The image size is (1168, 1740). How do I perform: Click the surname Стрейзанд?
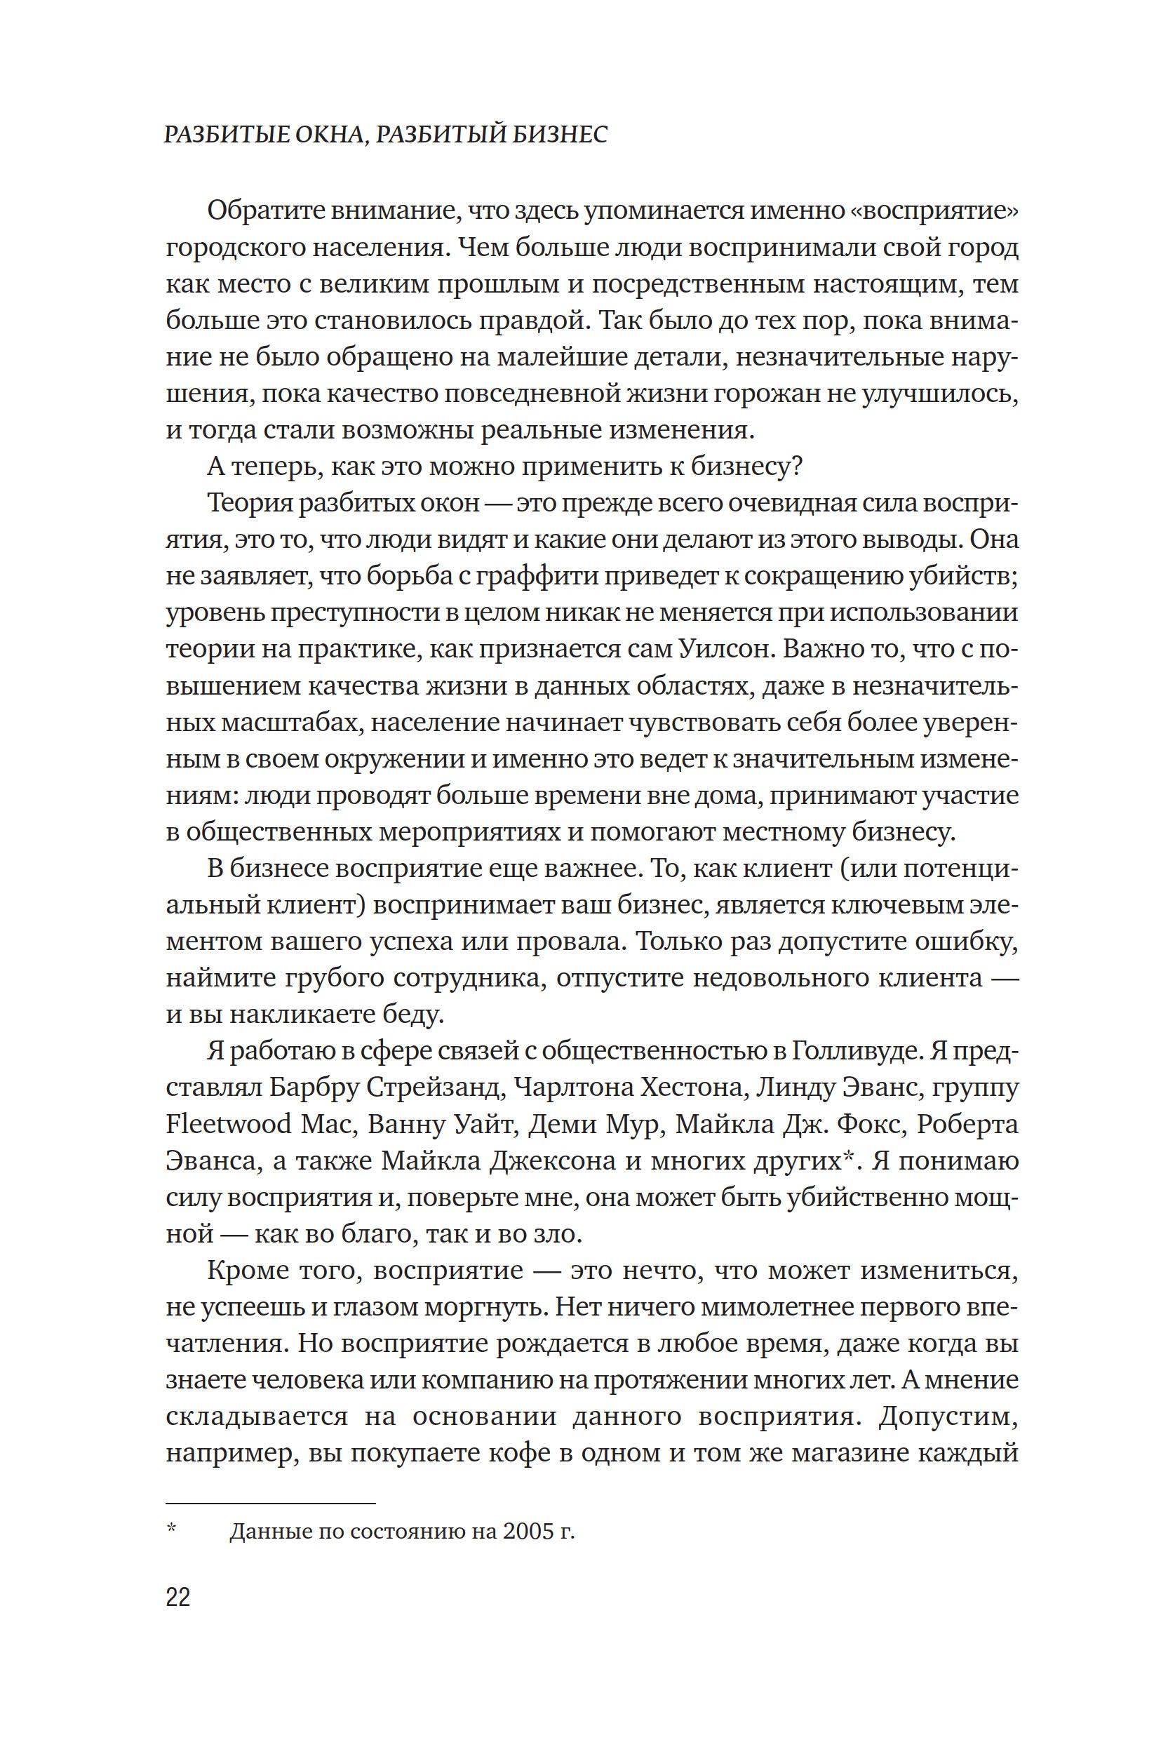434,1087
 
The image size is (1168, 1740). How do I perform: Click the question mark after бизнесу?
796,467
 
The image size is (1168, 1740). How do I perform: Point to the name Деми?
557,1124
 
